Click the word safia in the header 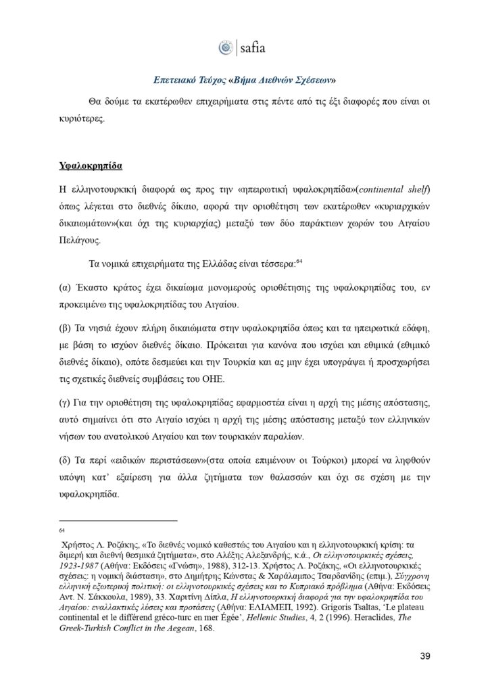(253, 48)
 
